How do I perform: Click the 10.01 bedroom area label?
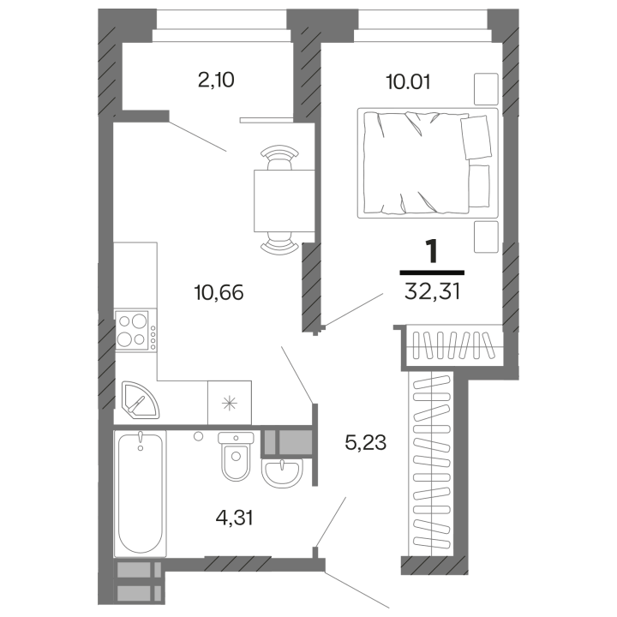[408, 82]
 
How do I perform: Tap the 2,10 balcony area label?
[214, 81]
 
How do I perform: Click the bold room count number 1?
[432, 252]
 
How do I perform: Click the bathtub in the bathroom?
[140, 492]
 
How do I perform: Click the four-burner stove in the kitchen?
[134, 330]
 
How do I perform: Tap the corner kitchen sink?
[137, 398]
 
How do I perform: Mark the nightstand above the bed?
[486, 87]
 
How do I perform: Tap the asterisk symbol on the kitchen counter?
[231, 402]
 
